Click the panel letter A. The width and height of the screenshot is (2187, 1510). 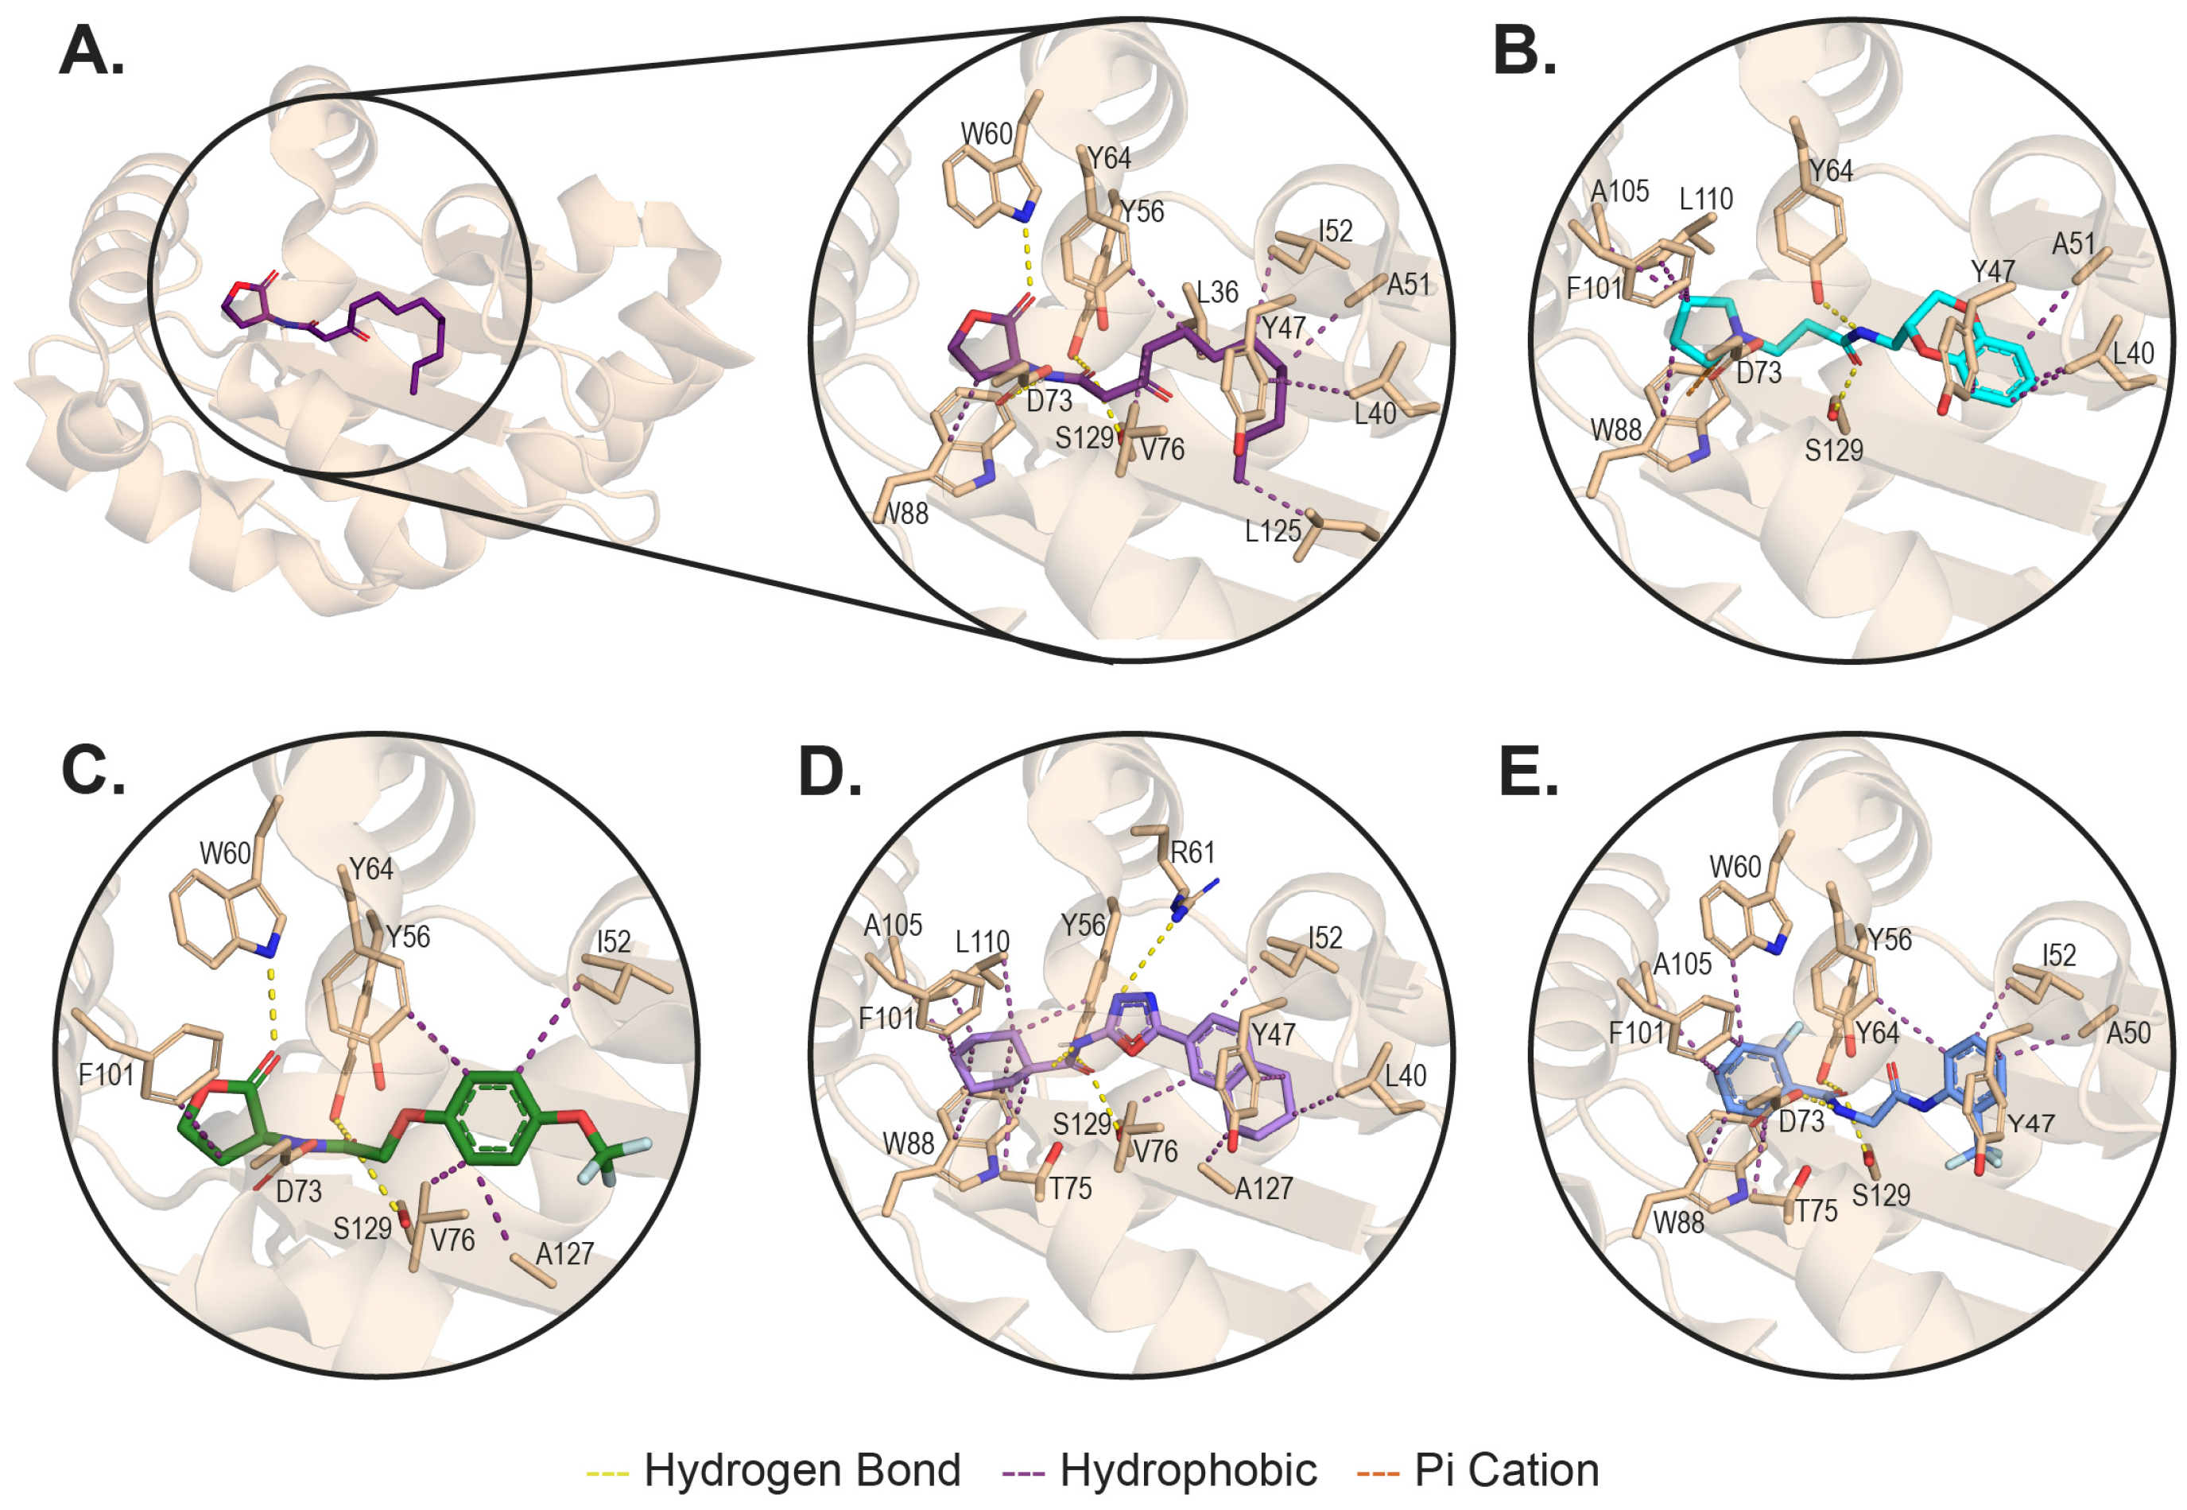pos(91,51)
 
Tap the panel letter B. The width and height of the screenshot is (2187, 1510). pos(1524,51)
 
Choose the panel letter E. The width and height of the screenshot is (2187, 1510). pos(1529,771)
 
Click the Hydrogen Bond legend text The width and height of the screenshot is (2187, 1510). pos(801,1469)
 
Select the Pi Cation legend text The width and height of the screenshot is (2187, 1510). pos(1506,1469)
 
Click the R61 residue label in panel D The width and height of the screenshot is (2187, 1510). pos(1192,852)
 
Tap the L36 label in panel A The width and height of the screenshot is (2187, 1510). pos(1216,293)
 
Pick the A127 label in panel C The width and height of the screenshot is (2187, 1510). pos(564,1254)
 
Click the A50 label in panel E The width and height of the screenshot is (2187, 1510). pos(2128,1032)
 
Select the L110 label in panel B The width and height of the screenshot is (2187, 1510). pos(1705,199)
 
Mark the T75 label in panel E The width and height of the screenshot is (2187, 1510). pos(1817,1210)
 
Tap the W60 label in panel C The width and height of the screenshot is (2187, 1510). pos(225,853)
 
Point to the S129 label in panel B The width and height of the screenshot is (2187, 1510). pos(1833,450)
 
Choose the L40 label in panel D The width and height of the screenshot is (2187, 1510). pos(1405,1076)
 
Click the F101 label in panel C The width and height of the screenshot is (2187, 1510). pos(106,1075)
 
